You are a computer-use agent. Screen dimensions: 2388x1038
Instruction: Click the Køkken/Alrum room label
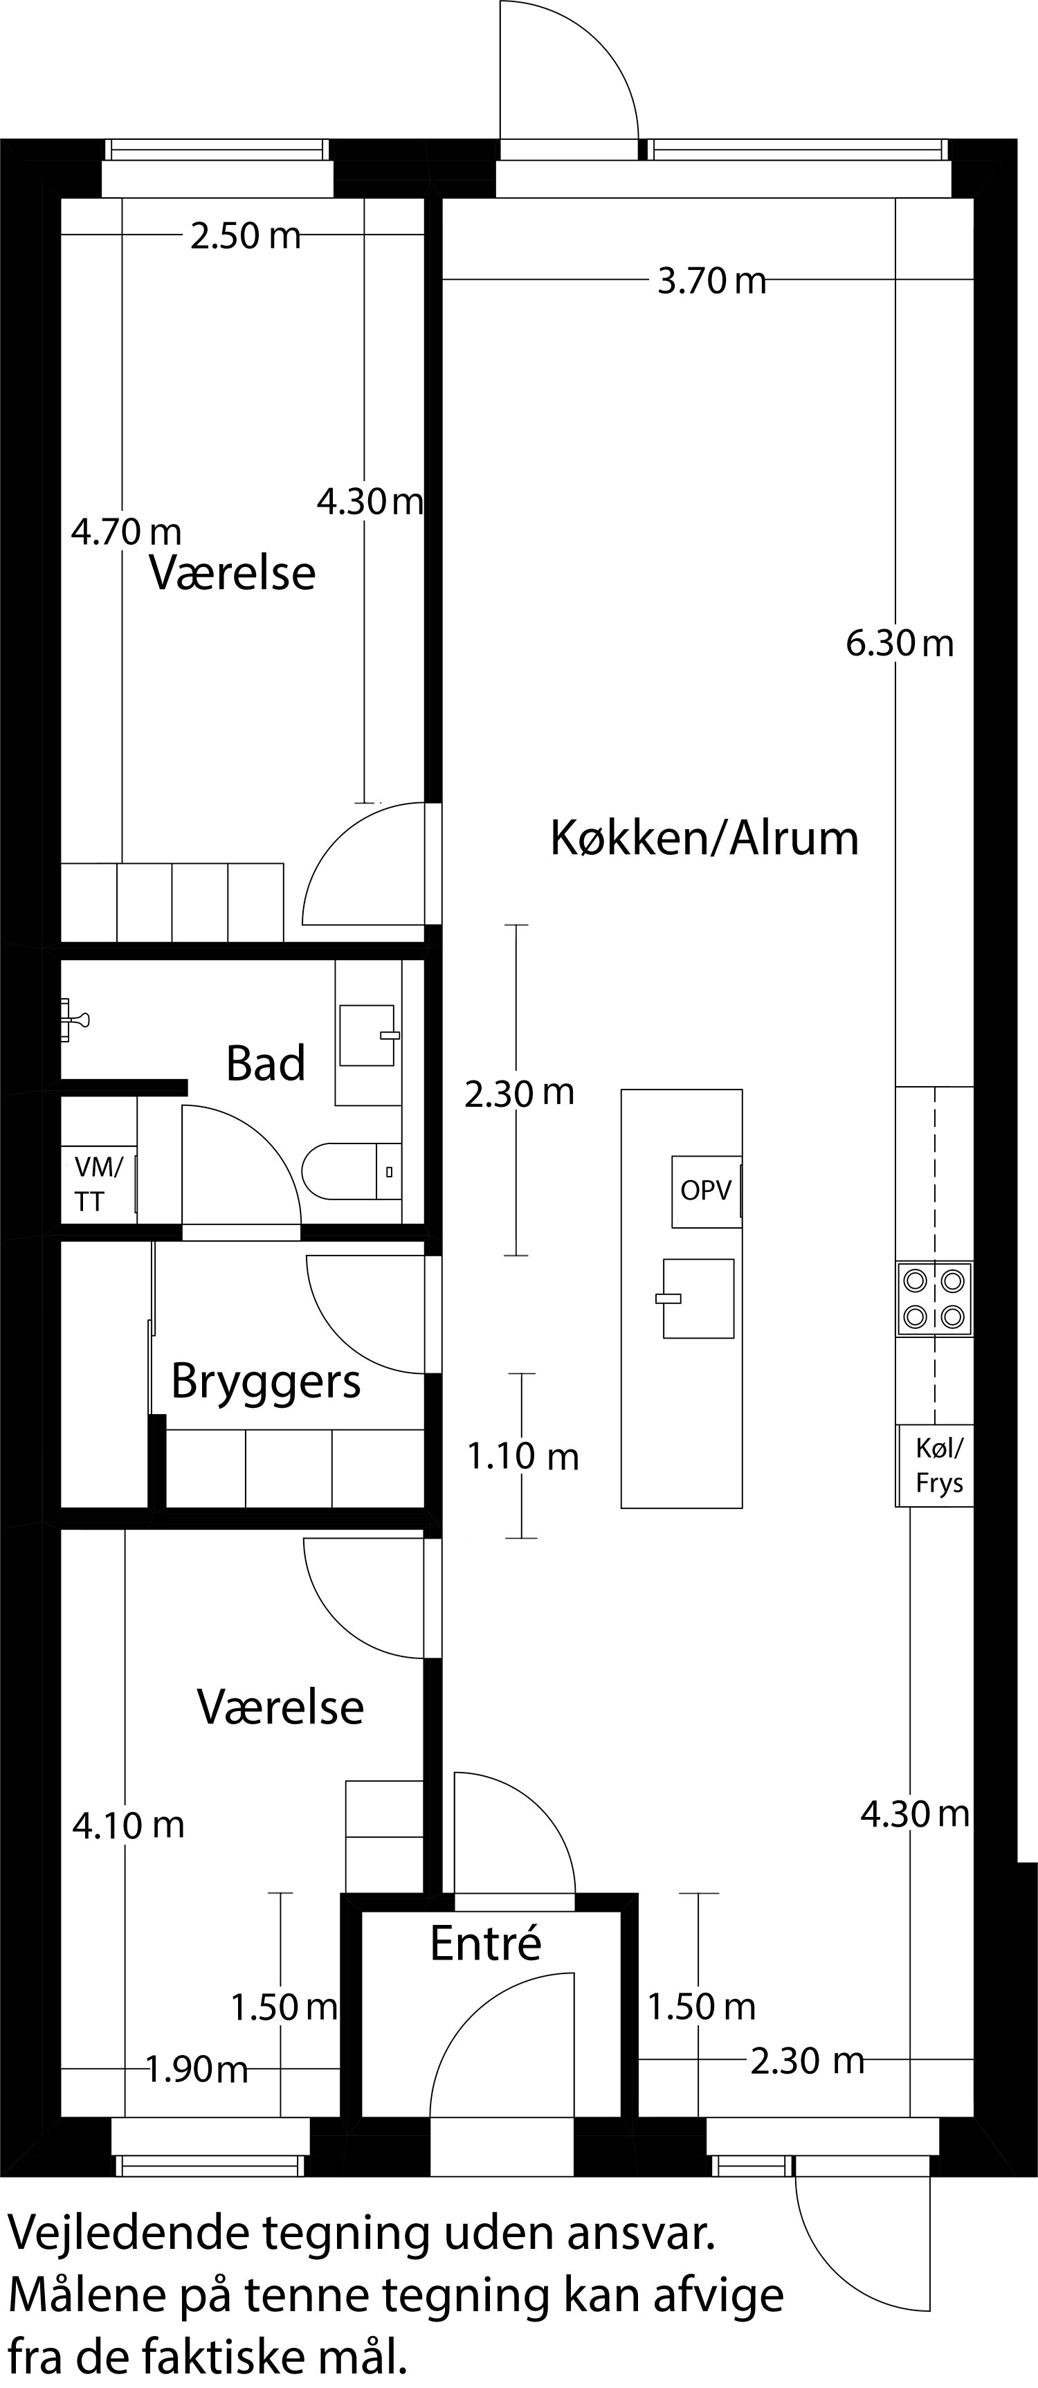point(704,838)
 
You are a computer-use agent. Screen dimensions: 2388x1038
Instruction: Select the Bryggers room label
point(266,1382)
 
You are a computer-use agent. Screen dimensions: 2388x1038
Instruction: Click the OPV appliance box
point(707,1191)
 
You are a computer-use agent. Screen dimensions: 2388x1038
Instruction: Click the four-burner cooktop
point(934,1298)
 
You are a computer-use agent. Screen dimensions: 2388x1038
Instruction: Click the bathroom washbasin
point(367,1035)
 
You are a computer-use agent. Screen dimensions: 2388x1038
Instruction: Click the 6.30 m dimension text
point(899,643)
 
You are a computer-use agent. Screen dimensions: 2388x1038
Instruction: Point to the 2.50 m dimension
point(246,237)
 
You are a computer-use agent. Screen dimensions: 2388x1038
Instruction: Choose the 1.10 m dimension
point(522,1457)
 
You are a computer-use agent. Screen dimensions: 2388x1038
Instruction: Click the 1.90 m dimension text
point(197,2069)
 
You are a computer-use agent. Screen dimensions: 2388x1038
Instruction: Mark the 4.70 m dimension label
point(126,532)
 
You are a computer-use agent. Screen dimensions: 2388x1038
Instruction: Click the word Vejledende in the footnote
point(127,2234)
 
